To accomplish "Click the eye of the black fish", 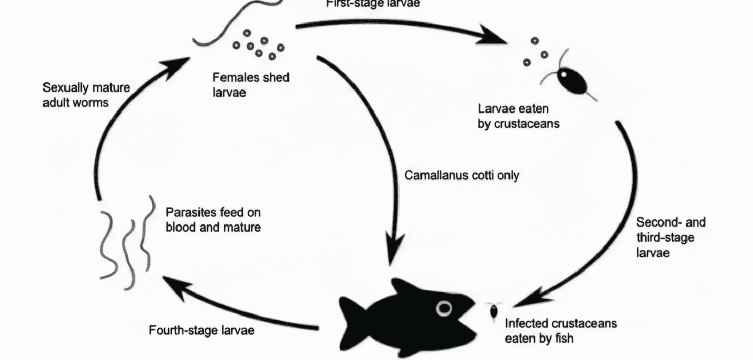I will (444, 308).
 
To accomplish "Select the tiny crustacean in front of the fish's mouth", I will (494, 311).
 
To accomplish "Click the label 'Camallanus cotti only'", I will (461, 175).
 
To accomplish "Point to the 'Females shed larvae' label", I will (251, 85).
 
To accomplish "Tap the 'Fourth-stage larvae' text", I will (201, 330).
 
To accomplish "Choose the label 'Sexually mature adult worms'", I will (86, 95).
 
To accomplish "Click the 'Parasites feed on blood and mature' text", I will (213, 219).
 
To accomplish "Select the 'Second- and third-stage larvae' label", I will (670, 237).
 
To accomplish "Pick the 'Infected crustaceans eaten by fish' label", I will (561, 331).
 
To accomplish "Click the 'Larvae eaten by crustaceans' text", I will (518, 116).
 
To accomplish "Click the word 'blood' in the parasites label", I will (181, 227).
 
